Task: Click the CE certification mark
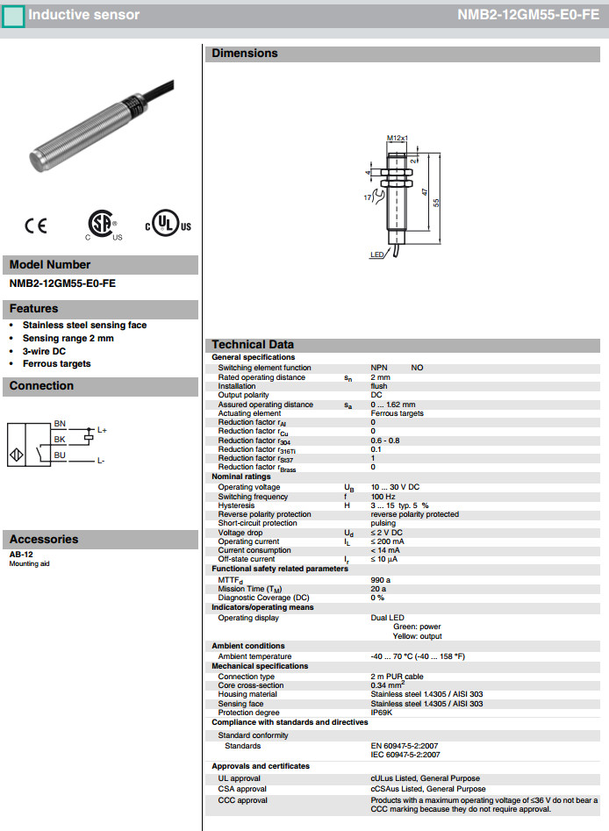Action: point(36,226)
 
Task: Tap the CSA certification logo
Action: point(103,225)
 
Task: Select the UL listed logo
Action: point(168,225)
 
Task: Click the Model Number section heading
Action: point(50,264)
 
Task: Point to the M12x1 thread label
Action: point(398,138)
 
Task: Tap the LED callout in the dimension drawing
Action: point(376,254)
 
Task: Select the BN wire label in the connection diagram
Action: point(60,424)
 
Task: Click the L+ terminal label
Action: point(102,430)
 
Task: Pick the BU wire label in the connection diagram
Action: point(60,455)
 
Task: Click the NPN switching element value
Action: point(380,368)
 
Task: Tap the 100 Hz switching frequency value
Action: point(383,497)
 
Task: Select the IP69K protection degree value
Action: point(382,713)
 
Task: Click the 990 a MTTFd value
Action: point(381,580)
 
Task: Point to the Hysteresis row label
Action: point(236,505)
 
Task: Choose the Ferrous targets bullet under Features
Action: point(56,363)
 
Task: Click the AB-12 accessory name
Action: point(21,555)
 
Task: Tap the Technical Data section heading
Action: point(253,345)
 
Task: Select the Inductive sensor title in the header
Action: point(83,15)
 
